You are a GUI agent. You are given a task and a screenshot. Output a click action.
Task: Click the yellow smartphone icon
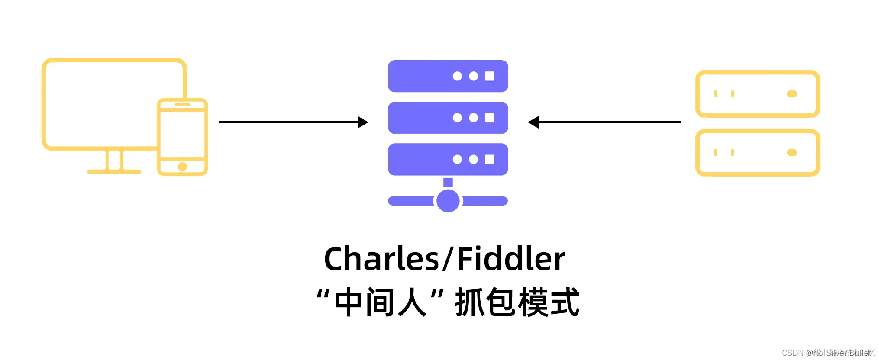[x=182, y=136]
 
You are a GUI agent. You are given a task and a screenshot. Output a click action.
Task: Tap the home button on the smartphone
[x=182, y=167]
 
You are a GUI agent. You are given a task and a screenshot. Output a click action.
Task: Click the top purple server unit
[x=448, y=76]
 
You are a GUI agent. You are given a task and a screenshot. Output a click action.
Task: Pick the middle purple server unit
[x=448, y=118]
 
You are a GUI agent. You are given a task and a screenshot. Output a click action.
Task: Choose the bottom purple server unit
[x=448, y=159]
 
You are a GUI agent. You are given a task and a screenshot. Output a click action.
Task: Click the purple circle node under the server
[x=448, y=201]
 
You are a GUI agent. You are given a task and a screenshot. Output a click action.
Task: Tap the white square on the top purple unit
[x=490, y=76]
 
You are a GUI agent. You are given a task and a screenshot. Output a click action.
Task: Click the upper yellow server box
[x=758, y=94]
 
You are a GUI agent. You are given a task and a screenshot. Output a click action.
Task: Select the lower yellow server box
[x=758, y=152]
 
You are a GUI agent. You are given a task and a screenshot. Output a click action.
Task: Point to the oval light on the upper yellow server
[x=792, y=94]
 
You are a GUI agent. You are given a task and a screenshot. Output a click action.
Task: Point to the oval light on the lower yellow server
[x=792, y=152]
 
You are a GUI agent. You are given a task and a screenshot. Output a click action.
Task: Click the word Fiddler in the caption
[x=511, y=259]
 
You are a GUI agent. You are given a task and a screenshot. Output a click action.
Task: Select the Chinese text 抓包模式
[x=517, y=302]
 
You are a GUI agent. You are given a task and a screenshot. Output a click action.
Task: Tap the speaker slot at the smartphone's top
[x=182, y=104]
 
